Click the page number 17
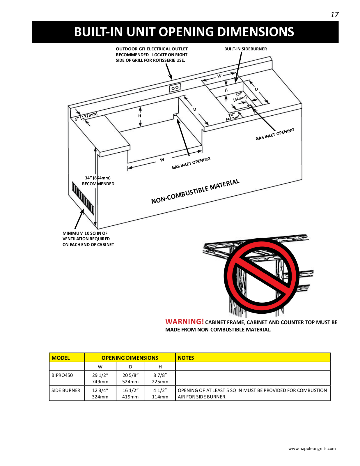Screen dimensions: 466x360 pos(334,15)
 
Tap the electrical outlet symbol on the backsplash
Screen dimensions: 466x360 pos(175,88)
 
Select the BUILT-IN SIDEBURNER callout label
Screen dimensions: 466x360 pos(245,49)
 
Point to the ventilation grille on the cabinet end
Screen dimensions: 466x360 pos(83,198)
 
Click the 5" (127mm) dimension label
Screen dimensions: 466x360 pos(86,116)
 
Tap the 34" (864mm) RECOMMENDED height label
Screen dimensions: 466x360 pos(98,181)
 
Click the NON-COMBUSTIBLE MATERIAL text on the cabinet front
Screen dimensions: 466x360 pos(195,191)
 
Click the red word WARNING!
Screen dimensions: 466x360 pos(185,322)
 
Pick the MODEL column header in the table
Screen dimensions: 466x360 pos(61,358)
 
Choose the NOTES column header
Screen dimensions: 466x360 pos(186,358)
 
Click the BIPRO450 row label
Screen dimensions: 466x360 pos(62,375)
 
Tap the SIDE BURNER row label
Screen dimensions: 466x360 pos(66,390)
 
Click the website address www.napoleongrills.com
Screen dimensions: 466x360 pos(312,449)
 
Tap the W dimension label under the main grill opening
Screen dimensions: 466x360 pos(162,160)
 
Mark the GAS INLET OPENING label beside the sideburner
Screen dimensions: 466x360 pos(275,134)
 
